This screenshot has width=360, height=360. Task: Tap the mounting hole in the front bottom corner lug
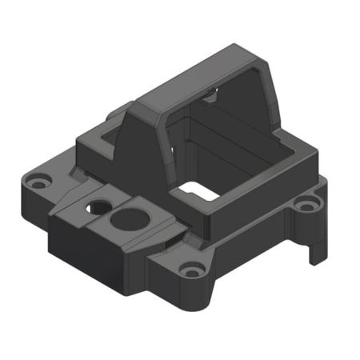click(190, 270)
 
